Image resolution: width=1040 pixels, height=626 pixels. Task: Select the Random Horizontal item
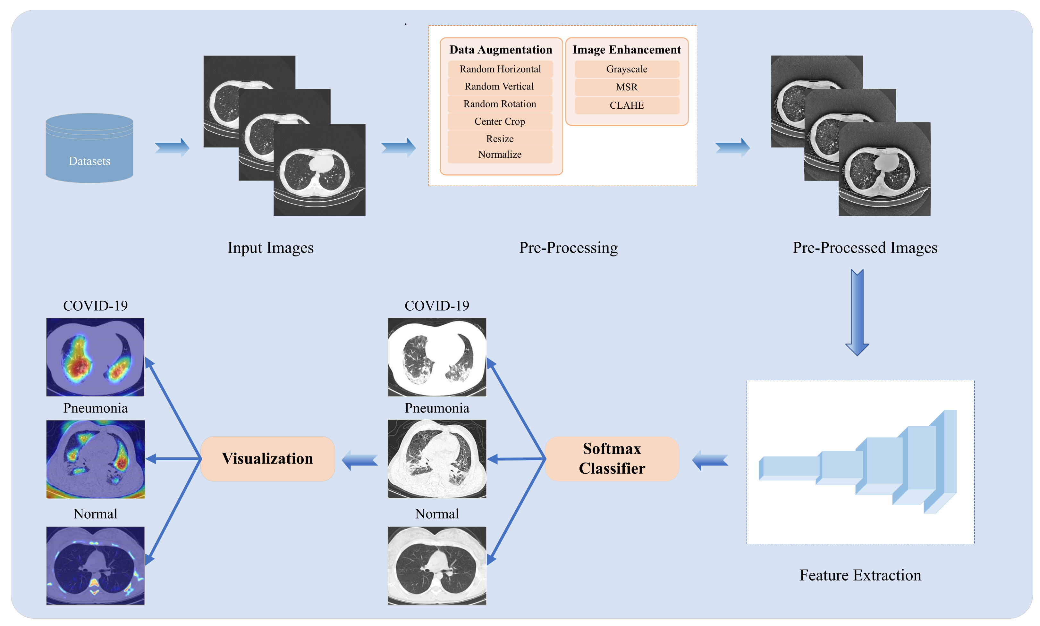tap(500, 69)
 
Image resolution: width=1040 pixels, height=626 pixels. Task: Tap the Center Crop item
tap(500, 121)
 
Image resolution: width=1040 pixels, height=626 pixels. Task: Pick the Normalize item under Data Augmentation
tap(500, 154)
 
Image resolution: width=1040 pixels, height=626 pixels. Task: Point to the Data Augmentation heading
tap(500, 49)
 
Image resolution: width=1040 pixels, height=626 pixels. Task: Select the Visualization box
tap(267, 459)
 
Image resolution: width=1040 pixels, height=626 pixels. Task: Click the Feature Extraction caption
tap(860, 575)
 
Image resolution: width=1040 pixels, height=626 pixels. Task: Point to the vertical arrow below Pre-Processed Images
tap(857, 312)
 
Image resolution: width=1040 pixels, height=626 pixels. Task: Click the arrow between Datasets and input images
tap(172, 147)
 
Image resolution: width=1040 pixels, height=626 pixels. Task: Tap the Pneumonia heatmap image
tap(95, 459)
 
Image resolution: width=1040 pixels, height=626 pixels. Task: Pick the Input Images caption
tap(270, 248)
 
